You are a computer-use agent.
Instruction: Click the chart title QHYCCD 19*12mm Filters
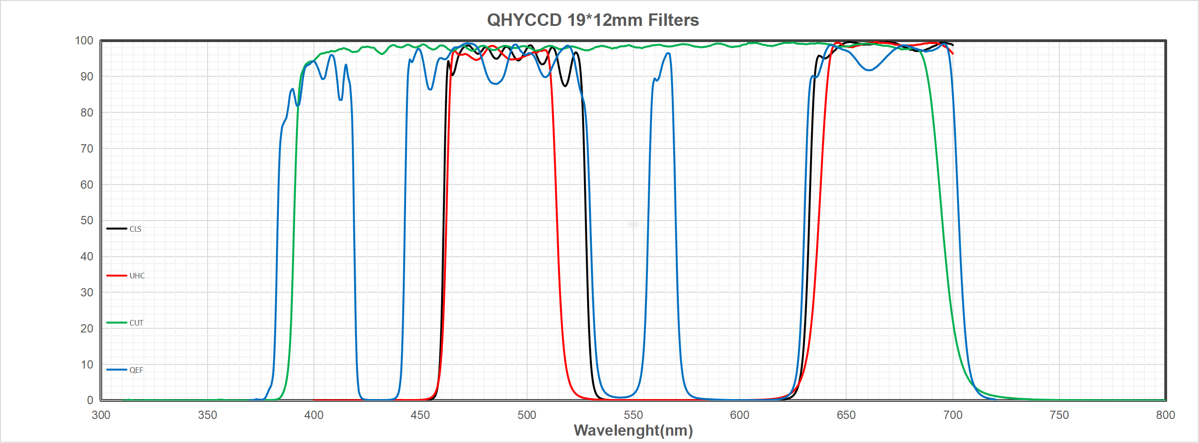[x=592, y=20]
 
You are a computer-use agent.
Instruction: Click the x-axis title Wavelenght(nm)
[x=633, y=431]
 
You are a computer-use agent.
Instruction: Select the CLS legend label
[x=135, y=229]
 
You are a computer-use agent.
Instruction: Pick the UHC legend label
[x=137, y=276]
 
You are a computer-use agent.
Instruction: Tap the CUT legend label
[x=136, y=323]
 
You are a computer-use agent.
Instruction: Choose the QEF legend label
[x=136, y=370]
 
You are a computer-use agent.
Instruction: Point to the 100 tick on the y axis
[x=84, y=41]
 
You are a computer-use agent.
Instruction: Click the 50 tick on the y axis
[x=86, y=220]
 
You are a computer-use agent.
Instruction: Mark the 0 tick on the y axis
[x=90, y=400]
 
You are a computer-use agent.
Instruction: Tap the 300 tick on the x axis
[x=101, y=415]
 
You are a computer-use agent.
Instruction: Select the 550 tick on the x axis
[x=633, y=415]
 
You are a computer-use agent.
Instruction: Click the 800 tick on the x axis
[x=1165, y=415]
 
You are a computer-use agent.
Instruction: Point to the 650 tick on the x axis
[x=846, y=415]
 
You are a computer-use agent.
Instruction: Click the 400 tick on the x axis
[x=314, y=415]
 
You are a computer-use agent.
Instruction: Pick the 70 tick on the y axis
[x=86, y=148]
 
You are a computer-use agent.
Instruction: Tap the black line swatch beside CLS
[x=117, y=228]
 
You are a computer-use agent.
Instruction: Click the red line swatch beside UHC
[x=117, y=276]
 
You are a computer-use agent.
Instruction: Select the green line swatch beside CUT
[x=117, y=322]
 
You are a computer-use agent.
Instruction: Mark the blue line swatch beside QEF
[x=117, y=369]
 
